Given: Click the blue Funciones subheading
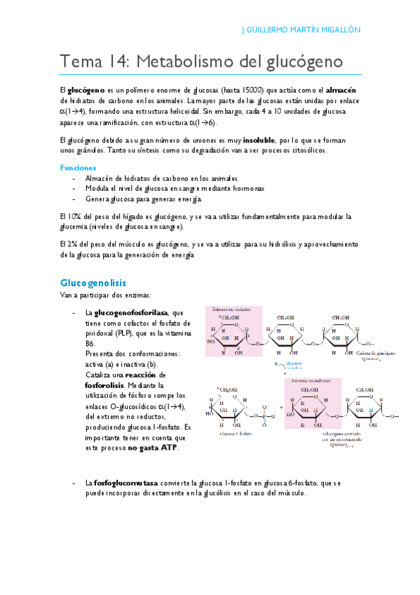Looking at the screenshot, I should pyautogui.click(x=78, y=168).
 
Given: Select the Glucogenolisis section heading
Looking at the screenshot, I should pyautogui.click(x=93, y=283).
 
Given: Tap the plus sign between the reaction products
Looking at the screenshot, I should pyautogui.click(x=281, y=406).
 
